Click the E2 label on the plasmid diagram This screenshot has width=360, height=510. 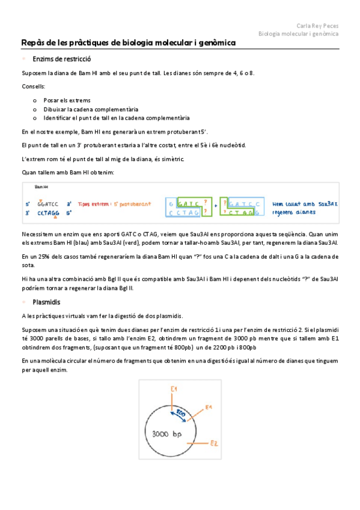click(x=213, y=443)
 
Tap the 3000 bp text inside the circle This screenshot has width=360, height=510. click(x=166, y=434)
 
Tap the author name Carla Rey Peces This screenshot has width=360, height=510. click(x=317, y=25)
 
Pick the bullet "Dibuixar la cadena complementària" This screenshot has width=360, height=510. click(x=90, y=109)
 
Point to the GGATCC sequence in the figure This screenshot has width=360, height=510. click(x=47, y=204)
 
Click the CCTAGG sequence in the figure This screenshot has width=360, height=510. click(x=47, y=212)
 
